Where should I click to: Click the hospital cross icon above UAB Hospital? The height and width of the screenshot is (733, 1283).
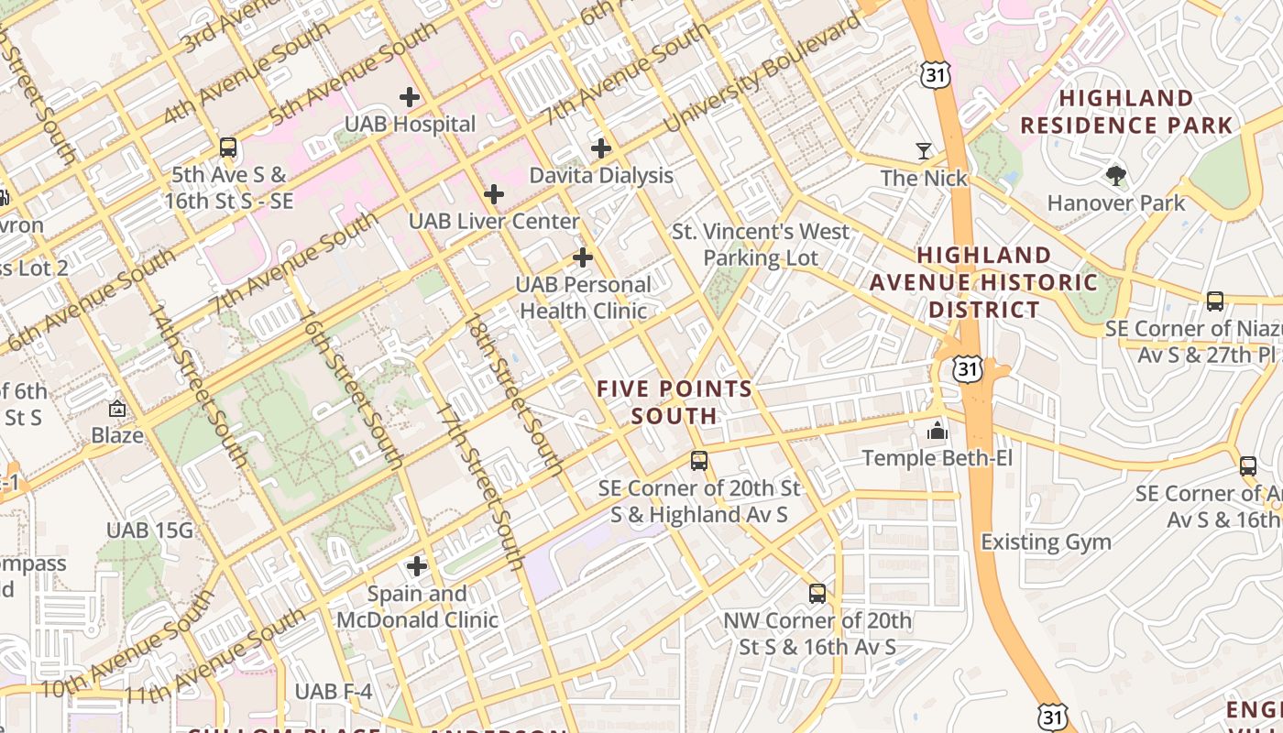point(410,96)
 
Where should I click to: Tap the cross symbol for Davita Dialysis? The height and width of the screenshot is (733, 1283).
point(601,148)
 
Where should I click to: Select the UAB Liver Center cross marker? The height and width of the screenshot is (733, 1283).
point(494,194)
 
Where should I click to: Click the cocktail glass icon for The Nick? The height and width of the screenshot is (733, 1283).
point(924,151)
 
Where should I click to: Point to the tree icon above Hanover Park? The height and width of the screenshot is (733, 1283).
point(1115,175)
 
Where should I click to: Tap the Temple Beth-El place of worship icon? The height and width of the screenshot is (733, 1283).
point(937,430)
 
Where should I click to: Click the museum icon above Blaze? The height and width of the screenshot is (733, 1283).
point(117,409)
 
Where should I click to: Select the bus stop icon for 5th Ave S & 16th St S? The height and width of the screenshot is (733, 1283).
point(228,147)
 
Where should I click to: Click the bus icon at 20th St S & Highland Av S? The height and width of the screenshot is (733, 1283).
point(699,461)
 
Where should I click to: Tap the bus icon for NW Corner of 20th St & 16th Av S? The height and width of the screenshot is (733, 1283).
point(817,594)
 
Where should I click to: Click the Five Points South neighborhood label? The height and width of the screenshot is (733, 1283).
point(674,402)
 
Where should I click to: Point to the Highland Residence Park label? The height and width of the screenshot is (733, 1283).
point(1126,112)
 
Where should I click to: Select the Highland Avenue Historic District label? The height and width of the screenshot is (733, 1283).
point(983,282)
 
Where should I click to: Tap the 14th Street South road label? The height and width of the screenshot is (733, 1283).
point(199,385)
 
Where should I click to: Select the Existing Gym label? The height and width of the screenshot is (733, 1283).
point(1046,542)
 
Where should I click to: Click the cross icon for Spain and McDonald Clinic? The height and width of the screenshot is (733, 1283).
point(417,566)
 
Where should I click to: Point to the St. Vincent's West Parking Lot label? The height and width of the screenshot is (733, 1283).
point(761,245)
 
